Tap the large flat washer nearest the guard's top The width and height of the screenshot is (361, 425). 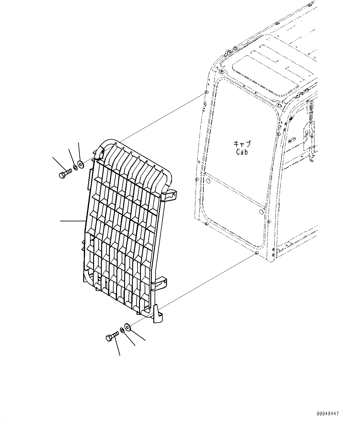click(81, 164)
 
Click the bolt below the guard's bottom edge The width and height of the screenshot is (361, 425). click(112, 336)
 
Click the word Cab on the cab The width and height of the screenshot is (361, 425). click(242, 152)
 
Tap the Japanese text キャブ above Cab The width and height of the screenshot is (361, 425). click(242, 144)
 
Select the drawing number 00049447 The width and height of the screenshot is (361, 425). click(328, 414)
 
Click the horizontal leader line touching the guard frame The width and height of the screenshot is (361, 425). click(73, 221)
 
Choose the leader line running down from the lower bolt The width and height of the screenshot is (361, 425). click(117, 346)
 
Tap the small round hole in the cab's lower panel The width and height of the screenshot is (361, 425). click(261, 212)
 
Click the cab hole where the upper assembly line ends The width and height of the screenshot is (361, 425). click(206, 93)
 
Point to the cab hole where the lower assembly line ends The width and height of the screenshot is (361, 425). click(256, 253)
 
